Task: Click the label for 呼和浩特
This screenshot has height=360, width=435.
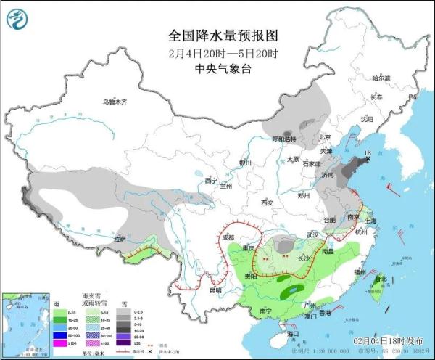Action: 283,138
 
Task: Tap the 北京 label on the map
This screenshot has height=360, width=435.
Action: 325,137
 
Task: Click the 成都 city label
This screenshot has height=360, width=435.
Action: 228,237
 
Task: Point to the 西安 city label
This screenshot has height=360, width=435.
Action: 266,202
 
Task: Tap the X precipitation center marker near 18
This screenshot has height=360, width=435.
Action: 368,160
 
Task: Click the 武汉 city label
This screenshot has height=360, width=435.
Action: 313,234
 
